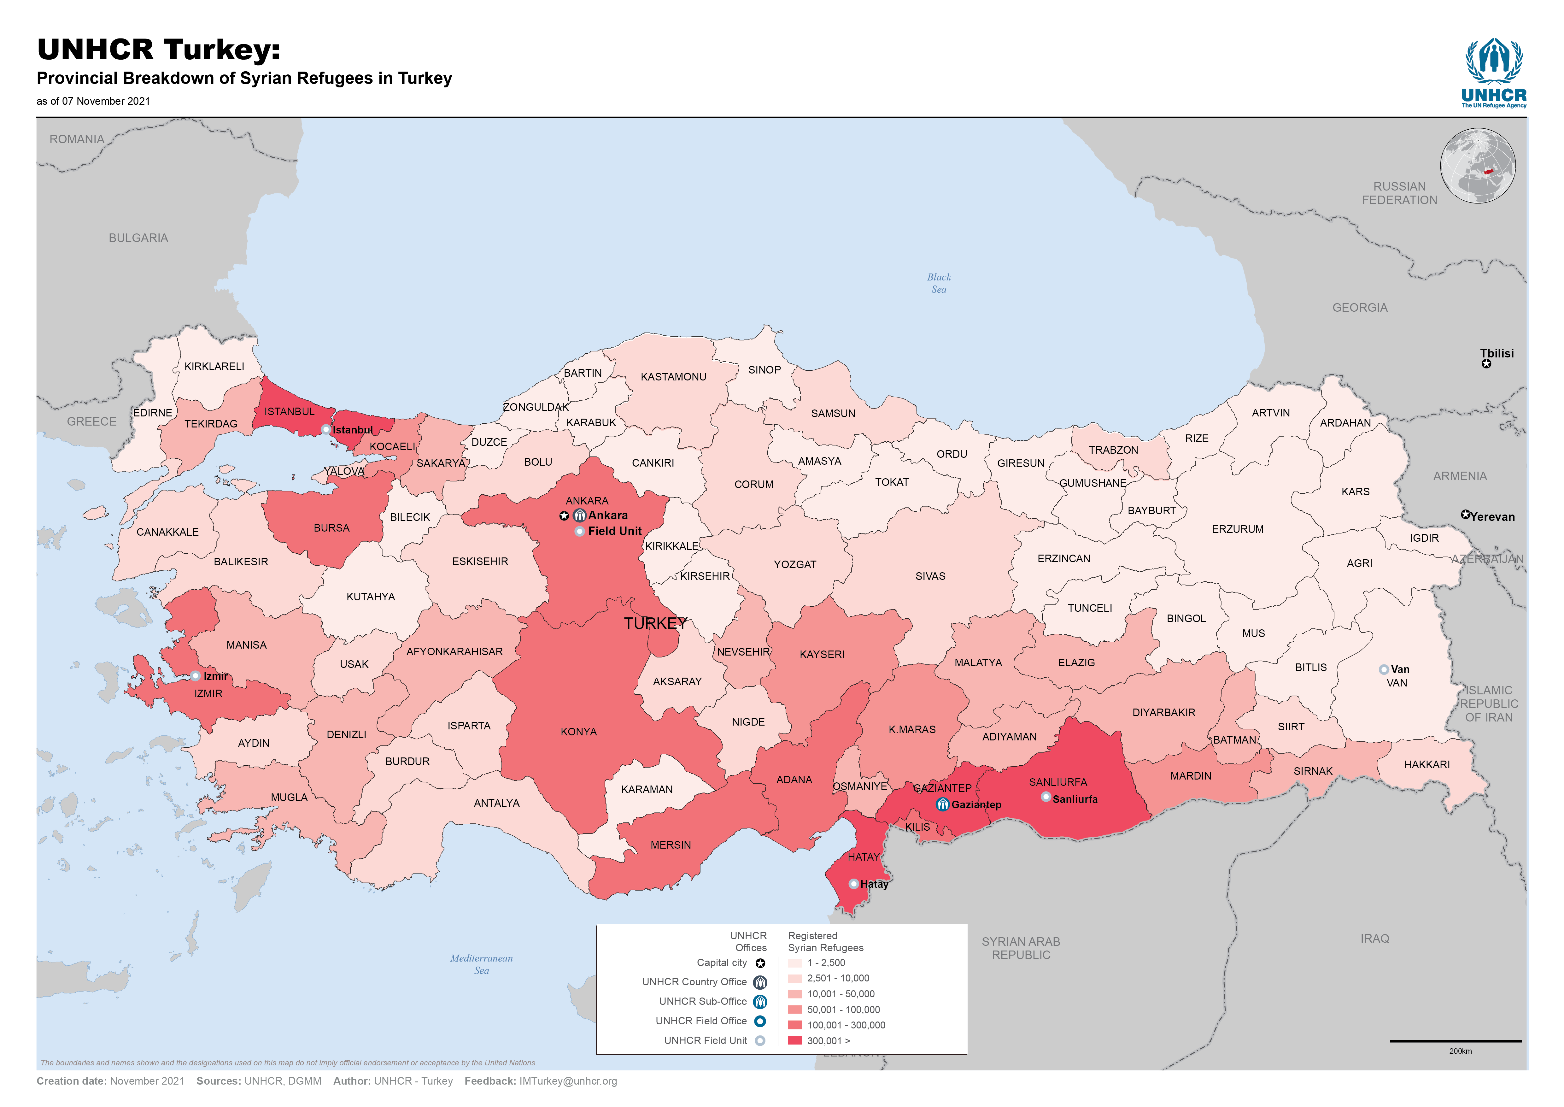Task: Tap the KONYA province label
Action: pos(579,731)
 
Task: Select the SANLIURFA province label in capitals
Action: pos(1058,782)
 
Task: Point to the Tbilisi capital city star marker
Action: pos(1486,364)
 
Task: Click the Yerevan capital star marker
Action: pos(1465,515)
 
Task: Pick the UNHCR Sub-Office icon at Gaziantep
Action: pos(942,804)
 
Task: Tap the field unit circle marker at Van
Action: pos(1383,669)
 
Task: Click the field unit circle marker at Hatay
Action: pos(853,883)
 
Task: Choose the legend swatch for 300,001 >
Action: pos(794,1040)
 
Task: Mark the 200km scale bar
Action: pos(1455,1041)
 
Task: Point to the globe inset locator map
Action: pos(1478,166)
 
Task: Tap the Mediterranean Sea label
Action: pos(481,964)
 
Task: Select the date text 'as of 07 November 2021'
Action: pos(93,101)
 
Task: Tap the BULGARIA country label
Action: pos(138,238)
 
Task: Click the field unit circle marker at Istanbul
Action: pos(326,429)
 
